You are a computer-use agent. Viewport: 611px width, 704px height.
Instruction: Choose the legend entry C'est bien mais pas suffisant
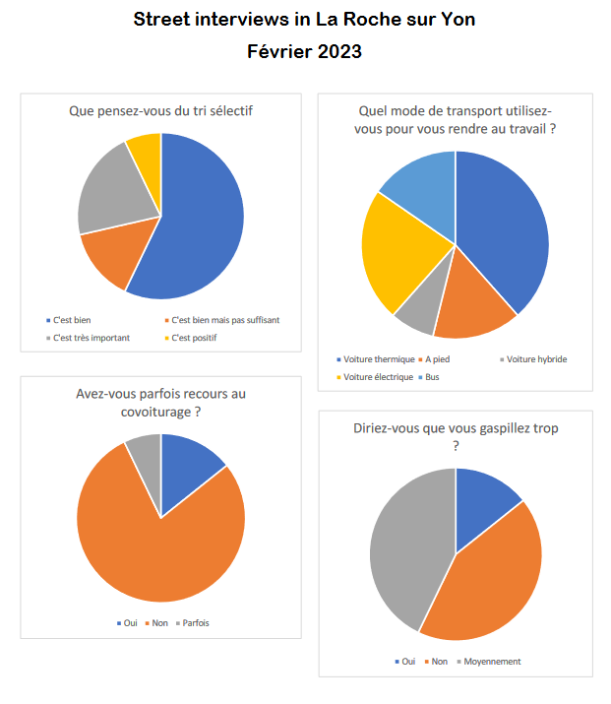pyautogui.click(x=225, y=320)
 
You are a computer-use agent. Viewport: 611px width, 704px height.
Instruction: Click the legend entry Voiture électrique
pyautogui.click(x=377, y=377)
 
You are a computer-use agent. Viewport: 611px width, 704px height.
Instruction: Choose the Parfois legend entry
pyautogui.click(x=195, y=622)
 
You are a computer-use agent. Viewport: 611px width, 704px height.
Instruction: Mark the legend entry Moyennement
pyautogui.click(x=491, y=661)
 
